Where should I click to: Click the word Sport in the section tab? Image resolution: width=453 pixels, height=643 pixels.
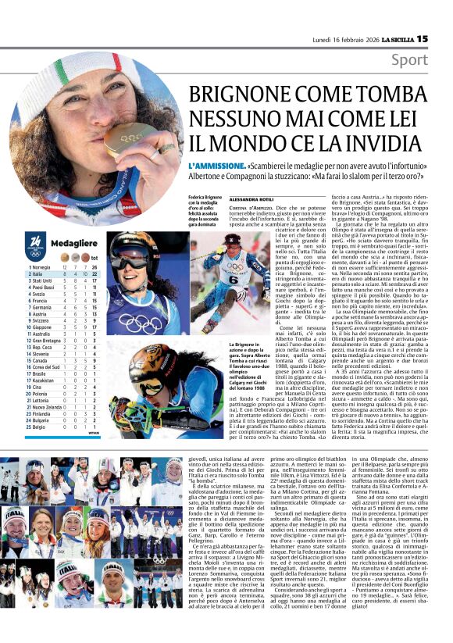[x=431, y=60]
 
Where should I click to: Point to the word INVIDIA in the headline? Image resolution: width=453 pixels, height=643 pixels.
[x=393, y=145]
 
